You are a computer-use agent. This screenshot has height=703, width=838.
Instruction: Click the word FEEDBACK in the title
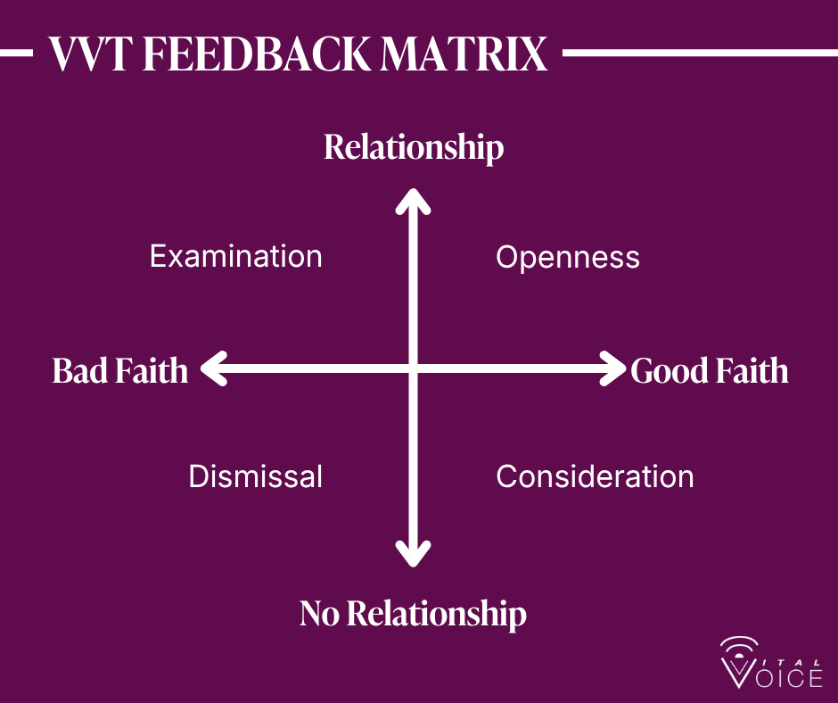[258, 54]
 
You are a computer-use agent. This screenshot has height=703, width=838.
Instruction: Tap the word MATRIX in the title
[464, 54]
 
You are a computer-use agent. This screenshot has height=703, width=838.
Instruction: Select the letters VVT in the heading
[91, 54]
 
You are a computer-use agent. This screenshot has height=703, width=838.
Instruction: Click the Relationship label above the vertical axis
[414, 147]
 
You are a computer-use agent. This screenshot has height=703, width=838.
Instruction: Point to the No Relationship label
[413, 614]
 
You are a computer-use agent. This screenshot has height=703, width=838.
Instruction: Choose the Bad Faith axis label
[120, 370]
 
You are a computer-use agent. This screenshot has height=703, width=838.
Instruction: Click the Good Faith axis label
[710, 370]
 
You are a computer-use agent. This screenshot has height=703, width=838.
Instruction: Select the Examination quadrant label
[235, 256]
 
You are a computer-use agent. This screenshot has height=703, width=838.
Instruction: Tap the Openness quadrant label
[568, 258]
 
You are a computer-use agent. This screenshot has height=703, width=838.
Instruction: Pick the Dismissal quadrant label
[256, 476]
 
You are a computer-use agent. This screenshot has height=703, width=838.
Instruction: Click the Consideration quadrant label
[595, 476]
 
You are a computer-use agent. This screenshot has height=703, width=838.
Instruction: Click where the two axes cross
[413, 368]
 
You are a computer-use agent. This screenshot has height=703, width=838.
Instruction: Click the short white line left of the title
[17, 53]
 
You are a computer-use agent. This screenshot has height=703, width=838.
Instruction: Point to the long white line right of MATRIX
[700, 53]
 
